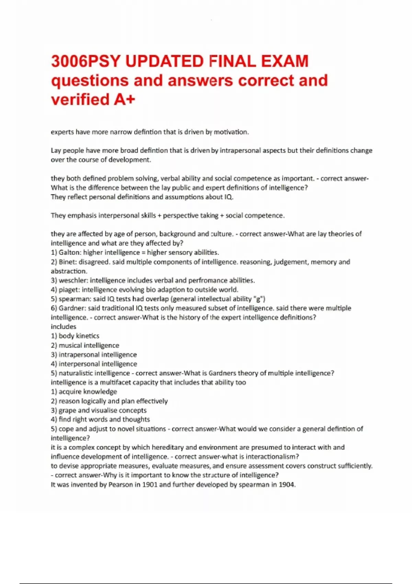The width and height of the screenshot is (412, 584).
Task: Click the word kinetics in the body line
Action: [88, 336]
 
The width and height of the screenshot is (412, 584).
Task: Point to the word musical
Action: [70, 345]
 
